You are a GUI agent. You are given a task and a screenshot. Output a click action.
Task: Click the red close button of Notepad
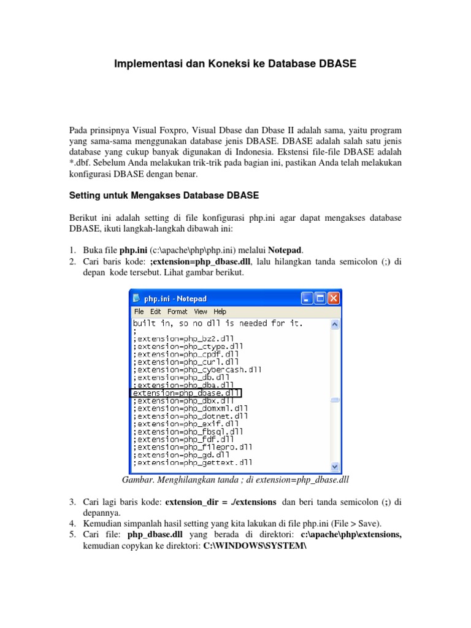tap(334, 299)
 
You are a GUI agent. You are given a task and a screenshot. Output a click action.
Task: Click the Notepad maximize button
tap(320, 299)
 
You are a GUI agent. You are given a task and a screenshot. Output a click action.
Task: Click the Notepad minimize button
tap(307, 299)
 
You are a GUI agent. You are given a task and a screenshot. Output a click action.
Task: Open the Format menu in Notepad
tap(178, 312)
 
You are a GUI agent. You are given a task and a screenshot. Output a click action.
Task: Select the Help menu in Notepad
tap(220, 312)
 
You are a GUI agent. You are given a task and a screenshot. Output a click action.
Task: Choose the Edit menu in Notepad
tap(156, 312)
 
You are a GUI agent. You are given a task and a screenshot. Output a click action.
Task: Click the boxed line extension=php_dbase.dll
tap(186, 392)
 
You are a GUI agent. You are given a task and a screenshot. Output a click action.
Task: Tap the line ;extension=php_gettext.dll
tap(193, 462)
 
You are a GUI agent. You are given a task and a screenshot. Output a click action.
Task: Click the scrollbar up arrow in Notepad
tap(335, 324)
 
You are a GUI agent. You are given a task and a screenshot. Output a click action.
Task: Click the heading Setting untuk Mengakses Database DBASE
tap(163, 196)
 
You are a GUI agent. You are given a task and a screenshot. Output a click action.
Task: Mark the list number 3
tap(72, 502)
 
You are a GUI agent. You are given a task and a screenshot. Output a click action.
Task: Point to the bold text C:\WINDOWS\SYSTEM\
tap(255, 546)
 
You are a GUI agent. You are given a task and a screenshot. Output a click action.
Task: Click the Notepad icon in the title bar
tap(136, 299)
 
